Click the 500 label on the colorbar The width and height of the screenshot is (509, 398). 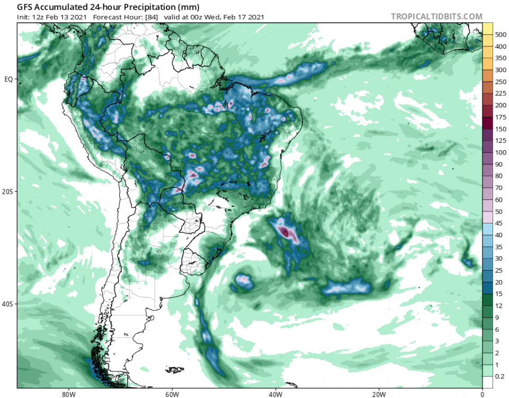pyautogui.click(x=501, y=34)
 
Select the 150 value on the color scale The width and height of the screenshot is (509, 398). pyautogui.click(x=501, y=129)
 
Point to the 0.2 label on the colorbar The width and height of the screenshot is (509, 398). pyautogui.click(x=501, y=377)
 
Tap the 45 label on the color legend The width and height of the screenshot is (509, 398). pyautogui.click(x=500, y=223)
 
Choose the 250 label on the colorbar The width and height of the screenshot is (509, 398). pyautogui.click(x=501, y=82)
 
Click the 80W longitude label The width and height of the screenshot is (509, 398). pyautogui.click(x=67, y=394)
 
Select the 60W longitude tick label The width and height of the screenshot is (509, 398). pyautogui.click(x=171, y=394)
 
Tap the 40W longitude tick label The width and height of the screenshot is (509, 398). pyautogui.click(x=275, y=394)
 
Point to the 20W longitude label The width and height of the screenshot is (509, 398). pyautogui.click(x=379, y=394)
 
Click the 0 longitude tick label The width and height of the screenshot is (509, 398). pyautogui.click(x=482, y=394)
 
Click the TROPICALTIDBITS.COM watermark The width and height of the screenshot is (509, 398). pyautogui.click(x=437, y=16)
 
